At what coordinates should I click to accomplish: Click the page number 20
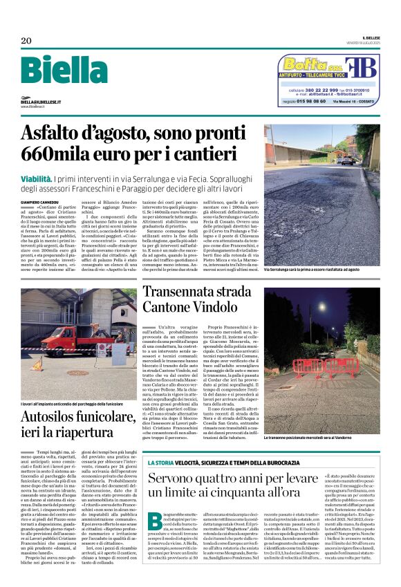pyautogui.click(x=26, y=41)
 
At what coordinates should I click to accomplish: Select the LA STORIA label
pyautogui.click(x=160, y=462)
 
